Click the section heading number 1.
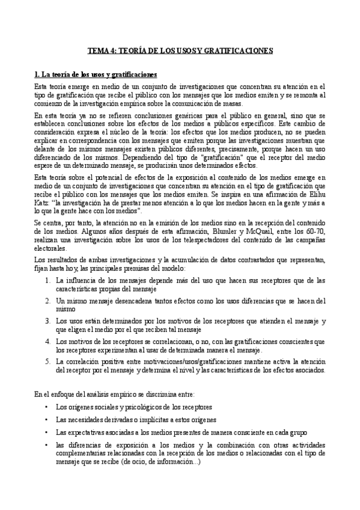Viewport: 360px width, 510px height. tap(36, 75)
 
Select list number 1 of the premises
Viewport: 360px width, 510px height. tap(49, 263)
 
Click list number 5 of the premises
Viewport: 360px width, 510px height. tap(49, 361)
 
